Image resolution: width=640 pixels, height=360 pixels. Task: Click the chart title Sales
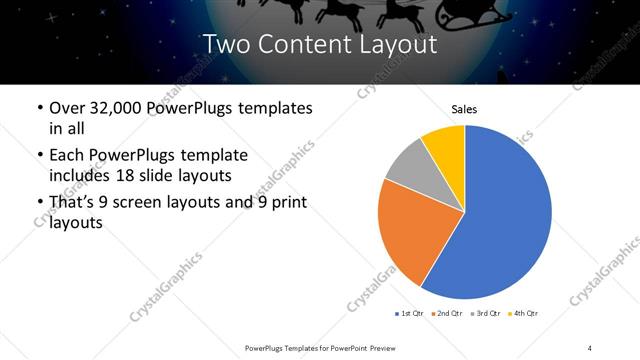click(x=464, y=109)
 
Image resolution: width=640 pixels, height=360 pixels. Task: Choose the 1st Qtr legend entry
click(x=409, y=314)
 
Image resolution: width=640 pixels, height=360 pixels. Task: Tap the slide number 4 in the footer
click(x=590, y=347)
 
